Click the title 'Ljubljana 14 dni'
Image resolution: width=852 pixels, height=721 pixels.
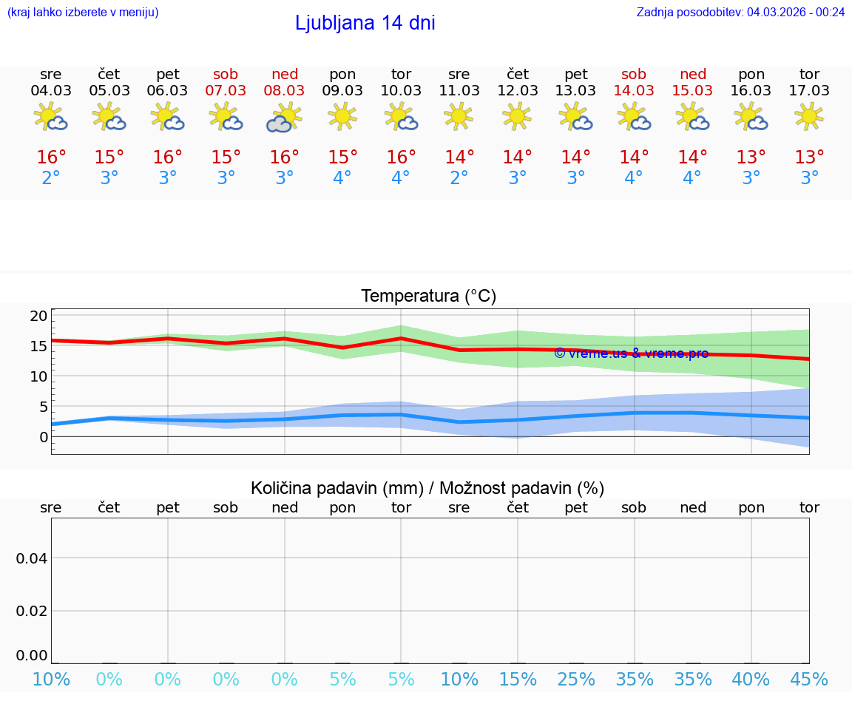365,23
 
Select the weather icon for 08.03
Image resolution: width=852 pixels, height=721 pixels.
285,118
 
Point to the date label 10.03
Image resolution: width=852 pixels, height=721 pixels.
401,91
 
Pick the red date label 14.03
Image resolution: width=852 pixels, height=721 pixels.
634,91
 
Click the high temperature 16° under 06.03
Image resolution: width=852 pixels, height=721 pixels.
168,158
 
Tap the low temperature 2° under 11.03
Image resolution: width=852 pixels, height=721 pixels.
459,178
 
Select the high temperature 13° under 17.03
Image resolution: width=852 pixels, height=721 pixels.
810,158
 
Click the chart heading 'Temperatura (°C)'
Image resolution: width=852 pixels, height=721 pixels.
428,297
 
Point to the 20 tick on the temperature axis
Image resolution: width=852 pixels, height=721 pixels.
38,316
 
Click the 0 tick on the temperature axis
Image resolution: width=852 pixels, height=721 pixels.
43,437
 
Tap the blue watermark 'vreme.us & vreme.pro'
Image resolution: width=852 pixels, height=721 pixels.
631,353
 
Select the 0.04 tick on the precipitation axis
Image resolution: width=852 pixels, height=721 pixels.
32,558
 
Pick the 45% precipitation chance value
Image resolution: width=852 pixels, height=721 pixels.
809,680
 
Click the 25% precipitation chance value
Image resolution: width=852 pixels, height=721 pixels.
576,680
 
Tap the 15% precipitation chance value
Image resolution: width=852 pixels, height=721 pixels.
518,680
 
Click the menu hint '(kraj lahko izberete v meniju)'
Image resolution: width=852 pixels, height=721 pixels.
83,12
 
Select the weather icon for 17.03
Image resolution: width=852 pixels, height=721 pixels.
809,116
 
